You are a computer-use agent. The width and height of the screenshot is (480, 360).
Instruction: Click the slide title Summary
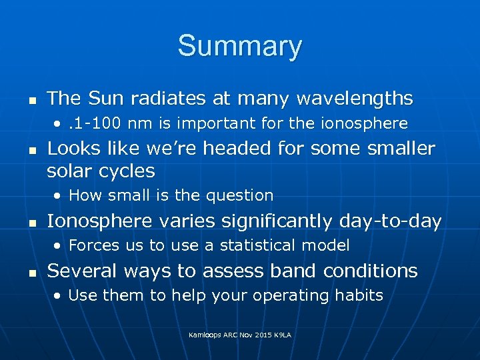[239, 47]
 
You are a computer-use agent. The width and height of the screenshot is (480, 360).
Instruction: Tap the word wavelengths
[355, 99]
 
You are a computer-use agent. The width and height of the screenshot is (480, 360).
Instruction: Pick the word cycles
[127, 171]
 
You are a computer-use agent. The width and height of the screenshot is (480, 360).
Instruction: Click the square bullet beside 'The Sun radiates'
[31, 100]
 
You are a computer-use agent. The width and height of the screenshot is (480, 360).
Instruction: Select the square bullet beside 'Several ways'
[31, 272]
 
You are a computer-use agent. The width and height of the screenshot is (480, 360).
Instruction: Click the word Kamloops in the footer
[207, 333]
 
